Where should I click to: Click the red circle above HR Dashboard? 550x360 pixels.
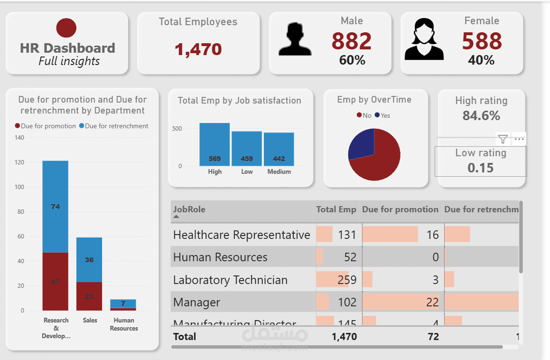click(x=66, y=28)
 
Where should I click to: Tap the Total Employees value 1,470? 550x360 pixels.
click(x=198, y=49)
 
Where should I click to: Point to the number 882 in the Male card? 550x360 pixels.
click(x=351, y=41)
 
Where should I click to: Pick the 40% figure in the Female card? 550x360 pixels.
click(x=481, y=60)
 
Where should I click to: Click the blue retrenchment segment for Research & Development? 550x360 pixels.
click(x=56, y=207)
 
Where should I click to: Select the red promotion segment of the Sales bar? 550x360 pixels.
click(x=89, y=296)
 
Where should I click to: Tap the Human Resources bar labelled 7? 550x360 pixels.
click(x=123, y=304)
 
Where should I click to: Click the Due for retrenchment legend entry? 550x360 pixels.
click(x=113, y=126)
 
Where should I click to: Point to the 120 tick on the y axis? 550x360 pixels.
click(x=19, y=162)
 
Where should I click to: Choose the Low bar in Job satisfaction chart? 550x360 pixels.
click(x=247, y=149)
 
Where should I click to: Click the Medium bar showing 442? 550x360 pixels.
click(x=279, y=149)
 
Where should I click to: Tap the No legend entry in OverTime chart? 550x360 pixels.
click(x=364, y=115)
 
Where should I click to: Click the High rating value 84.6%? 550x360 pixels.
click(x=481, y=115)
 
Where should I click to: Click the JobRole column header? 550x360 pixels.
click(x=189, y=209)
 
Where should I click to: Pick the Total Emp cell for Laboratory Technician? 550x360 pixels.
click(x=347, y=280)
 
